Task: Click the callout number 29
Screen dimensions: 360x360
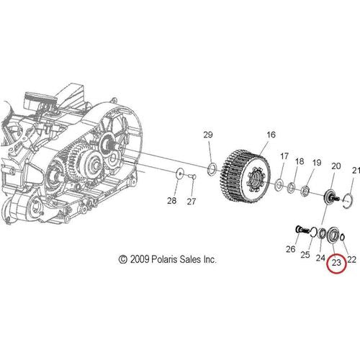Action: pos(208,135)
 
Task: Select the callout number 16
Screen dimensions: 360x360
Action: pos(271,135)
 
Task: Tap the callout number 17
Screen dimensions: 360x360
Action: pos(284,156)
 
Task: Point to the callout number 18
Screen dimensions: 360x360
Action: pos(300,161)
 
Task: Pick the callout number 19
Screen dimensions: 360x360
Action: pos(317,163)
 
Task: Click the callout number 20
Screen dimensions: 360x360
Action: pos(336,166)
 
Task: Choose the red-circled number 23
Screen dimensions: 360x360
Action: pos(336,263)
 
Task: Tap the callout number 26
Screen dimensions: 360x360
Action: pos(290,249)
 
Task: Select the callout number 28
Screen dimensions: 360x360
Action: pos(172,201)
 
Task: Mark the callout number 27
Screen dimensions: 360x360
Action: pos(192,202)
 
